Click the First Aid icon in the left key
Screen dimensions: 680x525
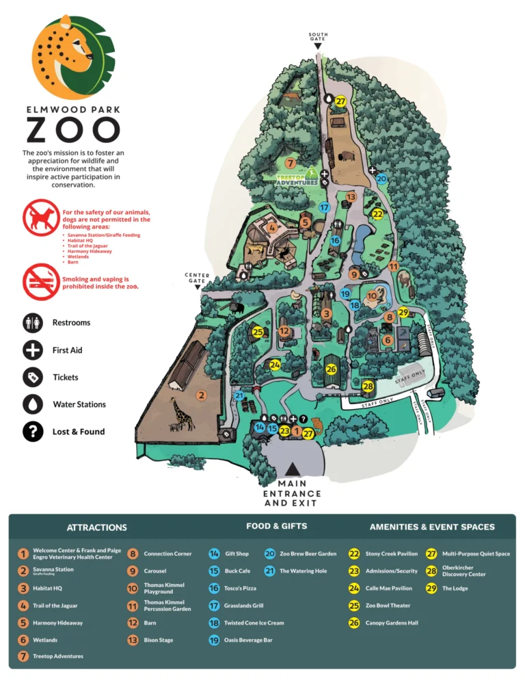(x=32, y=350)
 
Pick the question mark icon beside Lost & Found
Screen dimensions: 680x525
(x=32, y=432)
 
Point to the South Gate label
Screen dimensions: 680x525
(x=318, y=37)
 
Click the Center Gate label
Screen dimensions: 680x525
(x=198, y=278)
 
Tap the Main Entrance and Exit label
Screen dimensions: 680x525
(x=292, y=493)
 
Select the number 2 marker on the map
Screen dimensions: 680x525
(x=201, y=395)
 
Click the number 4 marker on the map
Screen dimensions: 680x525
(x=272, y=228)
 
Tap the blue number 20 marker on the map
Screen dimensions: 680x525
(x=381, y=179)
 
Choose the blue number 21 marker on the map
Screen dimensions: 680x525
(x=239, y=395)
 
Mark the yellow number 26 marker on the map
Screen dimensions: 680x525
(x=331, y=369)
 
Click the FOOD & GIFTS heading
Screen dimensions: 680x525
(x=276, y=526)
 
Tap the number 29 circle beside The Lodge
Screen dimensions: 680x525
(x=431, y=588)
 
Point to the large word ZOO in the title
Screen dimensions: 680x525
(x=73, y=130)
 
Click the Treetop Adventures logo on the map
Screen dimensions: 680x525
(x=297, y=177)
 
